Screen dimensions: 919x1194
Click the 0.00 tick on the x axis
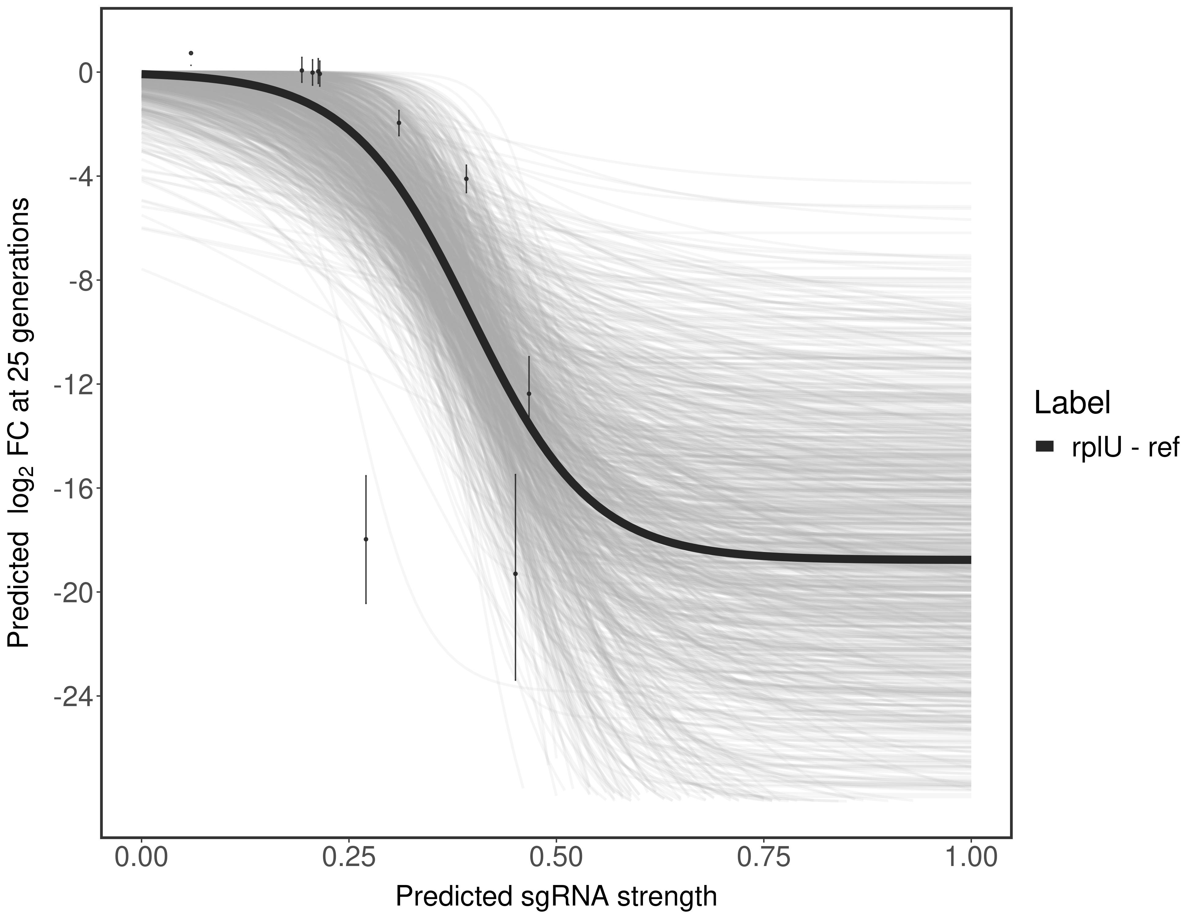pyautogui.click(x=141, y=858)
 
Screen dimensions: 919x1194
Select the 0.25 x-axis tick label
pyautogui.click(x=349, y=858)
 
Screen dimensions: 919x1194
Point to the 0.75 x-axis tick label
pyautogui.click(x=763, y=858)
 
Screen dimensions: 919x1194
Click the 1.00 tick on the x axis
pyautogui.click(x=971, y=858)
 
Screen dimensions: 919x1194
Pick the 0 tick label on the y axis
pyautogui.click(x=85, y=73)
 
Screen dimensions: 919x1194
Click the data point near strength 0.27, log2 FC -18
pyautogui.click(x=366, y=539)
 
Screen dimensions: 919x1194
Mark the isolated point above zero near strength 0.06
pyautogui.click(x=191, y=53)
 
